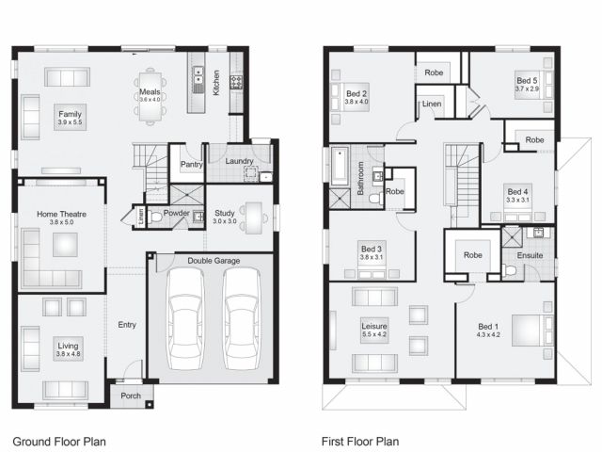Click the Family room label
point(70,114)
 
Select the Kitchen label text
point(216,83)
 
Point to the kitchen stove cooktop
point(236,82)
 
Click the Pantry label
point(192,165)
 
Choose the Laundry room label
point(239,161)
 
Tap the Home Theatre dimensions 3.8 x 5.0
point(61,222)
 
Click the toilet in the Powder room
point(154,218)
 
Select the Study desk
point(254,218)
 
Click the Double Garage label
point(214,261)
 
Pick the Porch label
point(131,395)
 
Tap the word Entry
point(127,325)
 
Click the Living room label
point(68,346)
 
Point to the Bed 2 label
point(356,93)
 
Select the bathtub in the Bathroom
point(341,166)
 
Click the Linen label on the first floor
point(432,104)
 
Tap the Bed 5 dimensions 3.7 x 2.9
point(527,89)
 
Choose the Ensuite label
point(530,255)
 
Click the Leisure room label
point(374,327)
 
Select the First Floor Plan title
point(360,442)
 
